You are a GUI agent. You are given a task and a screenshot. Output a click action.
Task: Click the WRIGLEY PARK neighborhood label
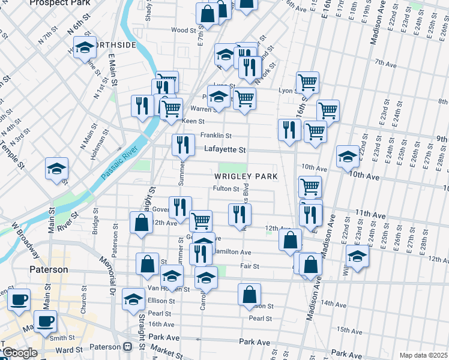tap(246, 176)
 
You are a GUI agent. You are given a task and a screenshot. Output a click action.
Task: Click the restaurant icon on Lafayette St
tap(183, 145)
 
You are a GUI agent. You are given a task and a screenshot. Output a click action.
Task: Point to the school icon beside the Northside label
tap(85, 47)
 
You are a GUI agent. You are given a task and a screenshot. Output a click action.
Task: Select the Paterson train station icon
tap(127, 347)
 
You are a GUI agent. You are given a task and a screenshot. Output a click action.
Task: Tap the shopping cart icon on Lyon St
tap(307, 82)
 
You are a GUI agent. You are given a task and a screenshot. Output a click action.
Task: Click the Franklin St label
tap(215, 136)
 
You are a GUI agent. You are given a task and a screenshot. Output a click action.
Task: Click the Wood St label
tap(183, 29)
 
